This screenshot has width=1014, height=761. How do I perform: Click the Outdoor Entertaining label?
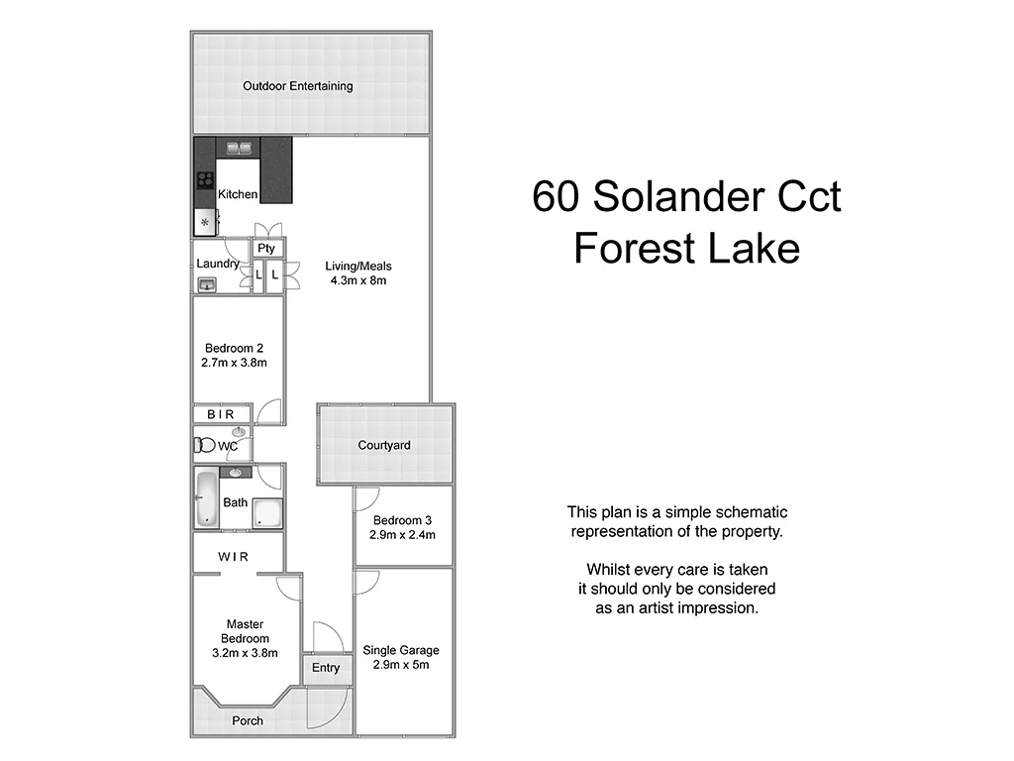pos(298,86)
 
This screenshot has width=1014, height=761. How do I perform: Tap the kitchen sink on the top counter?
pos(239,149)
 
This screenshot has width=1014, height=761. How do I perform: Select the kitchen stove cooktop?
pos(206,180)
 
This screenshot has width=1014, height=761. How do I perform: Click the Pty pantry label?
pos(266,249)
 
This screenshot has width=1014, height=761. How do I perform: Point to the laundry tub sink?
pos(207,285)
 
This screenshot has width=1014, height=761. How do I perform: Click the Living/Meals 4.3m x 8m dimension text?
pos(357,280)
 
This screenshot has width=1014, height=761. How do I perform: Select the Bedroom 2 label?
pos(234,348)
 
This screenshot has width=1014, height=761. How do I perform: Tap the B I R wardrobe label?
pos(221,414)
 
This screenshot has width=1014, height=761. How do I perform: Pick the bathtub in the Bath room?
pos(206,498)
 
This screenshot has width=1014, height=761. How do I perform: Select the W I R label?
pos(234,557)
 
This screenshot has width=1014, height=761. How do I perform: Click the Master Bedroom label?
pos(245,631)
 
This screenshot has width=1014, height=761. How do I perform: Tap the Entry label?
pos(326,668)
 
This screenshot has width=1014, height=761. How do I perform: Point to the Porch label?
pos(248,720)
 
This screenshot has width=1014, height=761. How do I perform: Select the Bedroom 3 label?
pos(402,520)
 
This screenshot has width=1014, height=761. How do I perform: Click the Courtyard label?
pos(384,446)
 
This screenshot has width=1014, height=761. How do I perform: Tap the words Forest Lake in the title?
pos(686,248)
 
